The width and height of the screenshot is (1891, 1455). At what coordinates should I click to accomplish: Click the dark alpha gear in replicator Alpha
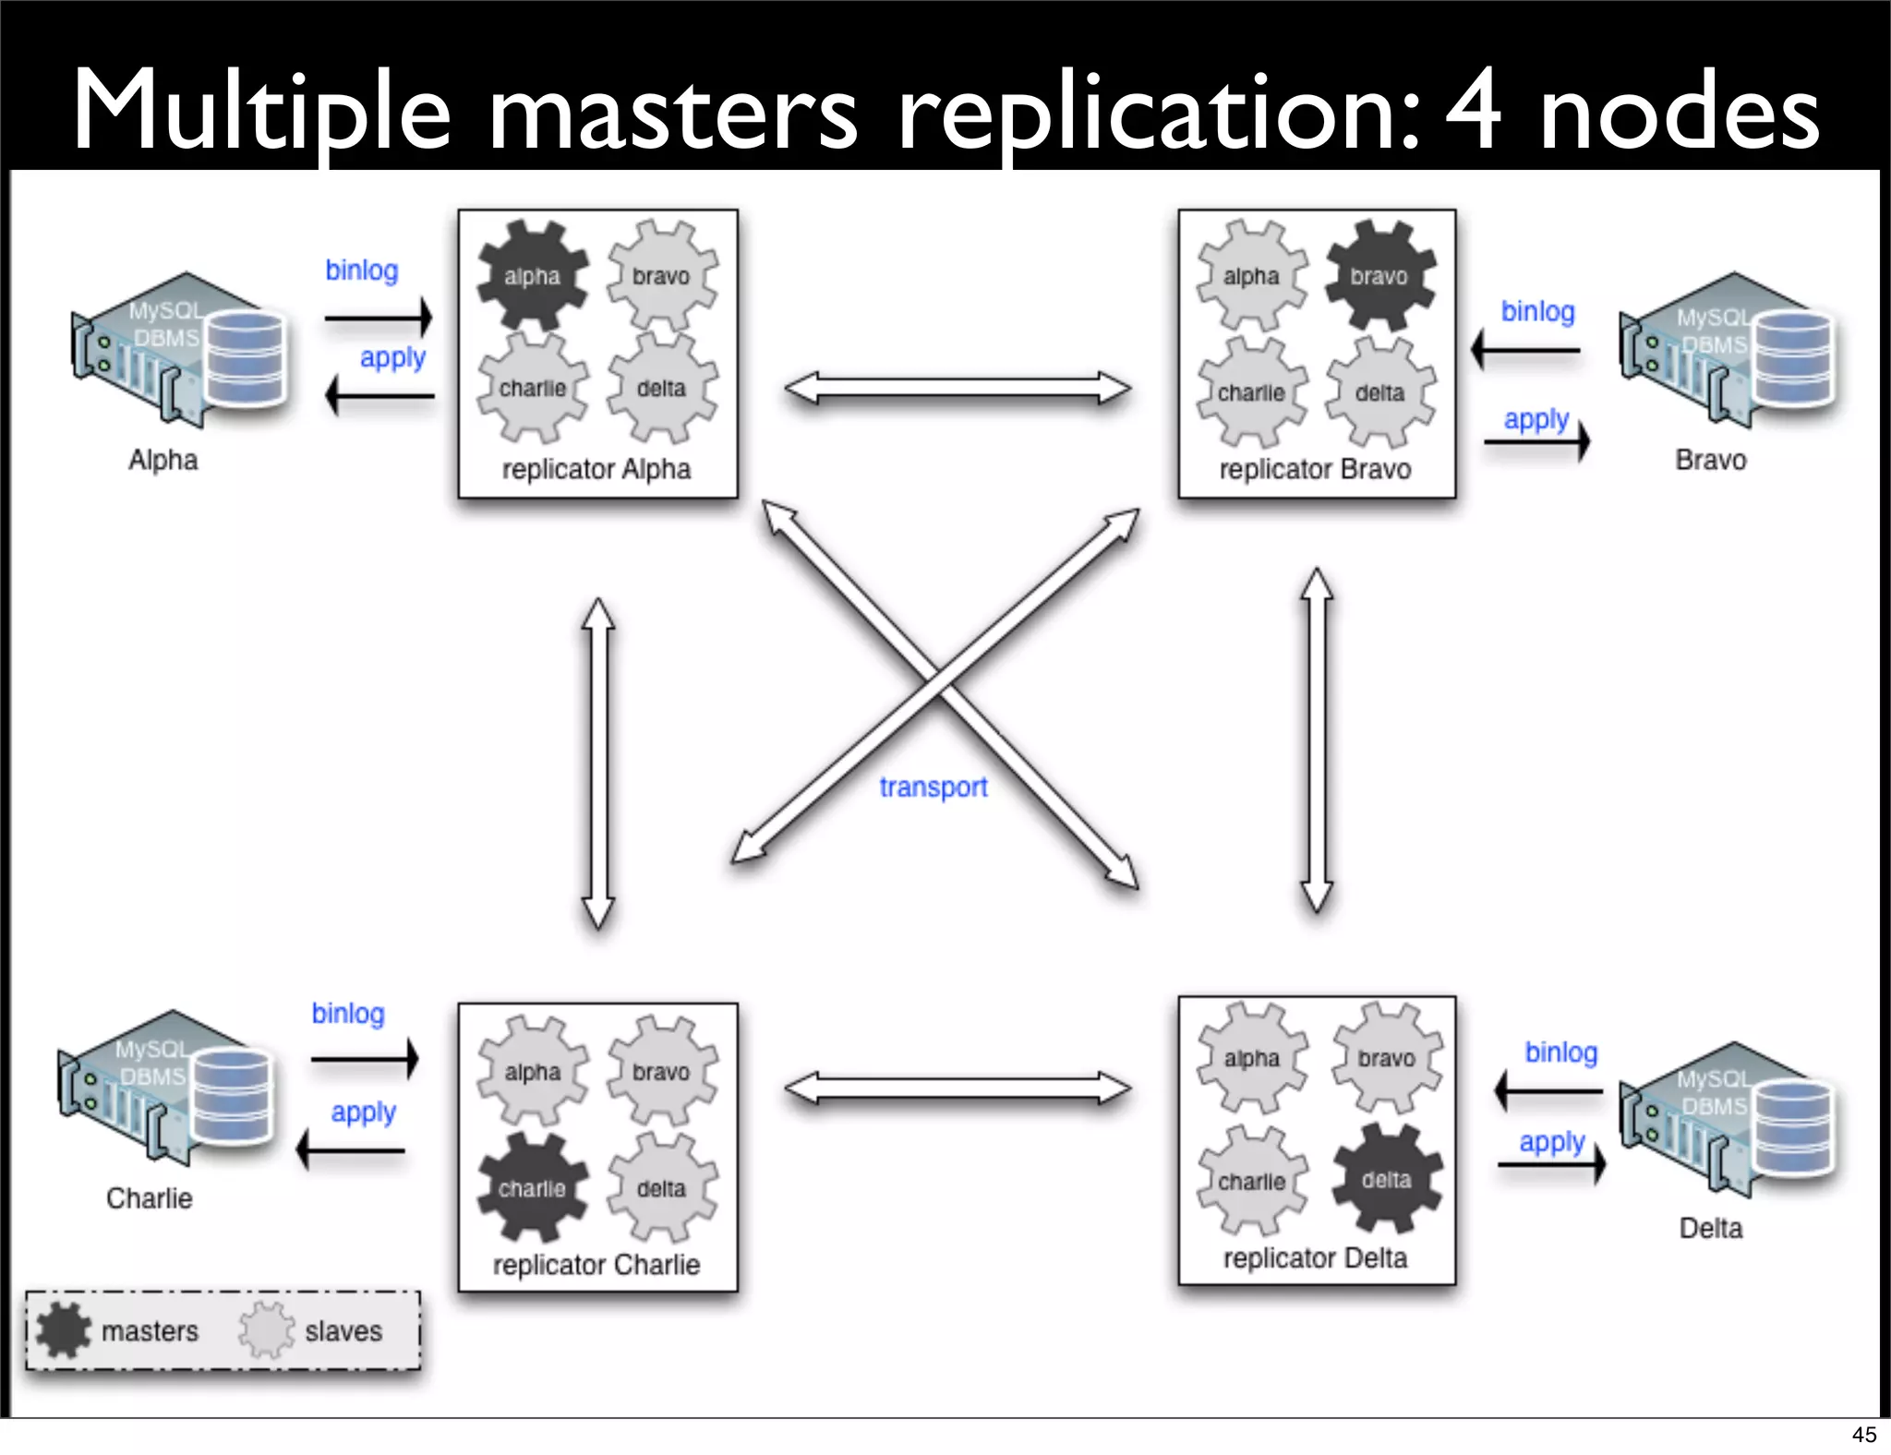coord(533,275)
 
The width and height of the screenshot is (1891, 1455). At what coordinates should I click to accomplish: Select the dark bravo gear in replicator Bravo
coord(1380,275)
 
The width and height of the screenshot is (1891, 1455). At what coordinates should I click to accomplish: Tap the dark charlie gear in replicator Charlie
coord(533,1187)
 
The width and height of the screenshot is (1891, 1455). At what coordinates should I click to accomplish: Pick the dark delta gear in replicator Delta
coord(1386,1179)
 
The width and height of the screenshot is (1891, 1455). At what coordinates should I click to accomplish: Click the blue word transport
coord(933,787)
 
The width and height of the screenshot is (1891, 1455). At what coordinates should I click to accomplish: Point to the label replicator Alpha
coord(596,469)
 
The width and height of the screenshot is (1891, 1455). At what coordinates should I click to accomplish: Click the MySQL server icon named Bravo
coord(1727,351)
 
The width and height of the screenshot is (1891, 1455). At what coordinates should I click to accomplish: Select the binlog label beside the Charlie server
coord(348,1013)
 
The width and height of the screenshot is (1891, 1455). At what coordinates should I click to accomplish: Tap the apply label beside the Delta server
coord(1552,1142)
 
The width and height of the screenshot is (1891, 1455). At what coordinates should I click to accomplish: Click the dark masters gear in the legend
coord(64,1329)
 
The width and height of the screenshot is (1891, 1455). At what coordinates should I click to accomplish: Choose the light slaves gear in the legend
coord(267,1329)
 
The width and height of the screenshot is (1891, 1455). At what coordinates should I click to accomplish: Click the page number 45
coord(1863,1434)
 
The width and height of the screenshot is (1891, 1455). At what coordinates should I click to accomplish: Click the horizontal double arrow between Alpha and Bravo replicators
coord(958,388)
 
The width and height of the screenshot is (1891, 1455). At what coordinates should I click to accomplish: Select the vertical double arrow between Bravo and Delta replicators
coord(1317,739)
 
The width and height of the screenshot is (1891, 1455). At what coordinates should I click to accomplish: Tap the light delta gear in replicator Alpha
coord(662,388)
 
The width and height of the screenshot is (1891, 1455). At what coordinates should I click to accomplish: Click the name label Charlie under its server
coord(150,1197)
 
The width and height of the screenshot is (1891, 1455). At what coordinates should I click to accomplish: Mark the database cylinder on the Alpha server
coord(246,358)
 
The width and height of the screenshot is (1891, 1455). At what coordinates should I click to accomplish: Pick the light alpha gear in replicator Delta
coord(1252,1058)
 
